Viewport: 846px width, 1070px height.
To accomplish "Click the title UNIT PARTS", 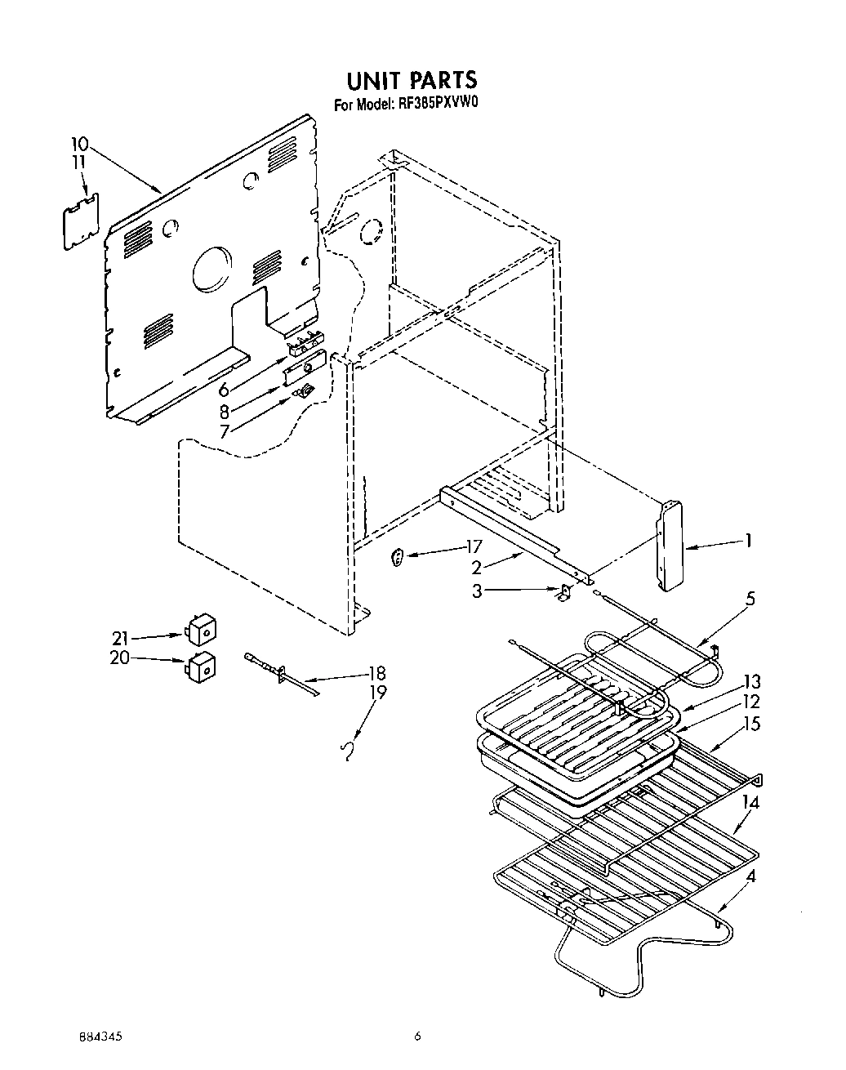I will click(411, 80).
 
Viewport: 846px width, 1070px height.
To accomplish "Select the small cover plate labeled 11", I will click(82, 219).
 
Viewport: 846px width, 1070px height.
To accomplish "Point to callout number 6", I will click(224, 390).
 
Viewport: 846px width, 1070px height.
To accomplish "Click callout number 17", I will click(474, 546).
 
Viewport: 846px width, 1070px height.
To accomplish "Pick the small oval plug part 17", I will click(398, 559).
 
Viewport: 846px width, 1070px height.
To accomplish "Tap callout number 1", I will click(747, 540).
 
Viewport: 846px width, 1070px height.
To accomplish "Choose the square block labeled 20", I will click(201, 665).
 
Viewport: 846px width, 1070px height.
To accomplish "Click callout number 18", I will click(376, 674).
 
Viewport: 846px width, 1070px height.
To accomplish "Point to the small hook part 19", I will click(349, 750).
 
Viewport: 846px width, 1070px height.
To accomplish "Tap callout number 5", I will click(750, 599).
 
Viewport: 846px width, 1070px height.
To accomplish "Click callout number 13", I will click(751, 682).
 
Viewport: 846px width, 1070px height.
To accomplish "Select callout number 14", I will click(750, 803).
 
